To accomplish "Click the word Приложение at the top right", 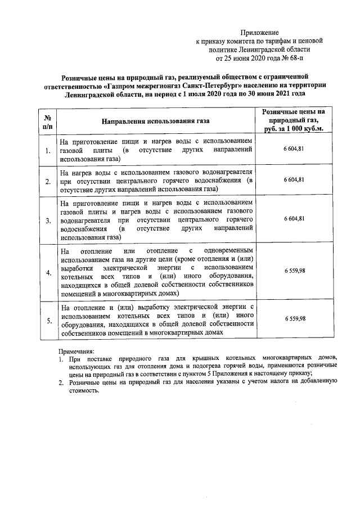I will pos(259,33).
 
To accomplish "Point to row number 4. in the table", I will pos(48,273).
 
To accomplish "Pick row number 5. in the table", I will pos(48,321).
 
